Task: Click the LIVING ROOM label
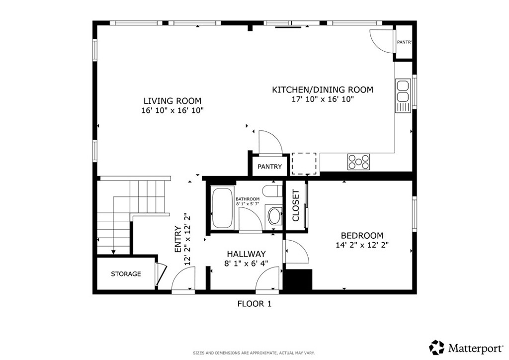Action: pos(172,100)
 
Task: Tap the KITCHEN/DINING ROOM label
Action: pos(322,90)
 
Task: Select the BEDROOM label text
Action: pos(362,235)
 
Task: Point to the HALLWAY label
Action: pos(247,254)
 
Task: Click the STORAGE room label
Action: pos(126,274)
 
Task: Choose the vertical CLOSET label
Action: pos(296,206)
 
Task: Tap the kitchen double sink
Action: pos(403,95)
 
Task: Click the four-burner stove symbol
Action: pos(358,161)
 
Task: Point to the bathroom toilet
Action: pos(272,191)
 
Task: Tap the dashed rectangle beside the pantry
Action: pos(304,164)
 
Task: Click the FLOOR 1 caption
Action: pos(254,304)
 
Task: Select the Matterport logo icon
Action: pos(436,348)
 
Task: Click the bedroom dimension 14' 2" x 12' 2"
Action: pos(362,245)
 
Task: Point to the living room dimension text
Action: pos(172,110)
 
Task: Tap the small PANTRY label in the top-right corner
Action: pos(405,42)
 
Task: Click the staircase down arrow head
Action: pos(114,252)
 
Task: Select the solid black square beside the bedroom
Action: pos(298,279)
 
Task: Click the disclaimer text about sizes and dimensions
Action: pos(254,353)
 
